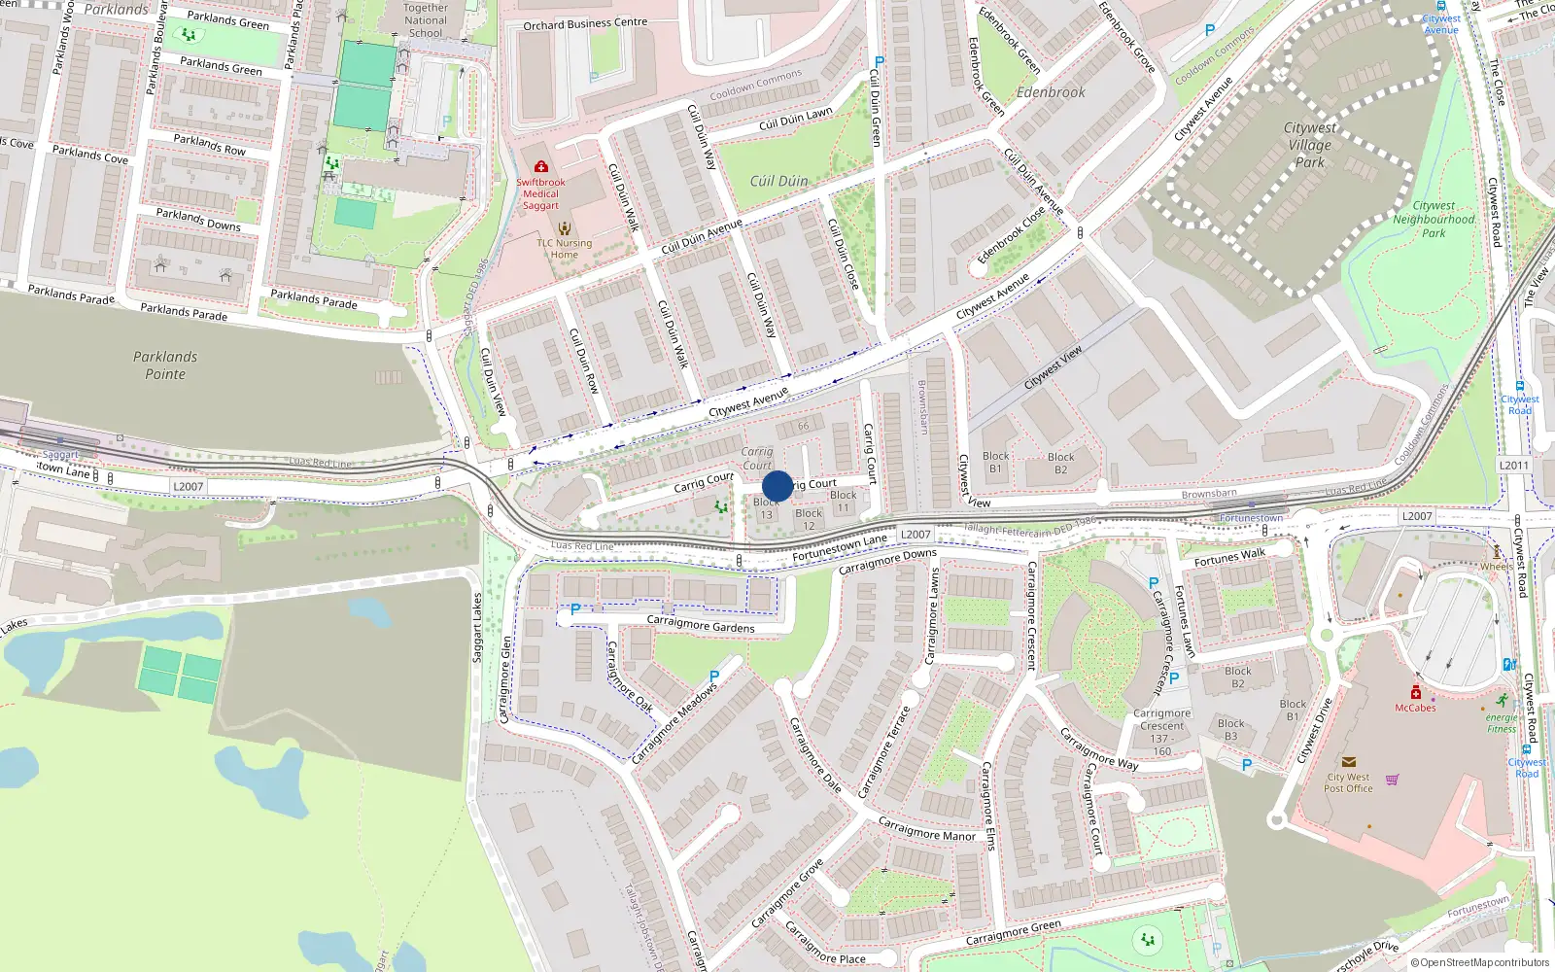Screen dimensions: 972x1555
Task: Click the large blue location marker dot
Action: pos(777,486)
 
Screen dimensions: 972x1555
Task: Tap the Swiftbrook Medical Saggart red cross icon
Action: pos(541,167)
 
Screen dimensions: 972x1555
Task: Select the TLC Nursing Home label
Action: pos(564,249)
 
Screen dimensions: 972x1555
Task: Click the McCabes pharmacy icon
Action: pos(1415,693)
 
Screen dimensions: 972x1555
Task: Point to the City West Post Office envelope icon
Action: pos(1348,763)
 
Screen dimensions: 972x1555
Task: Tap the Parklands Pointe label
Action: pos(165,365)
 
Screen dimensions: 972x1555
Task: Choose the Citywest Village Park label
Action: pos(1309,145)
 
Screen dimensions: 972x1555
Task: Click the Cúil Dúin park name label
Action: pos(778,181)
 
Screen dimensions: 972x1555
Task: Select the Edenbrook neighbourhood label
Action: pos(1051,92)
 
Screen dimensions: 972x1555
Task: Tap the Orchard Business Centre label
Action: pos(585,23)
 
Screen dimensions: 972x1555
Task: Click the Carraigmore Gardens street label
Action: pos(700,625)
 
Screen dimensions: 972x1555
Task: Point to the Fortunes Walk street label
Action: pos(1229,557)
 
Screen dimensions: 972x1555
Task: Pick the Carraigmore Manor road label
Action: pos(926,829)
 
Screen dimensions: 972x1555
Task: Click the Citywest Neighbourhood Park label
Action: pos(1434,220)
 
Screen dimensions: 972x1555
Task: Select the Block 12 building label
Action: pos(809,519)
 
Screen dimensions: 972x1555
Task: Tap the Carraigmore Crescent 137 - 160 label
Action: pos(1162,732)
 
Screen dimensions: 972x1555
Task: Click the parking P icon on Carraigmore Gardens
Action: pos(575,609)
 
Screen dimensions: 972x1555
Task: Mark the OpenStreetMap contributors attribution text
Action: pos(1480,962)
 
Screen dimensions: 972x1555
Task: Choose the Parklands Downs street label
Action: pos(198,220)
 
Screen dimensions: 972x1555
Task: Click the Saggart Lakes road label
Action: pos(477,628)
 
